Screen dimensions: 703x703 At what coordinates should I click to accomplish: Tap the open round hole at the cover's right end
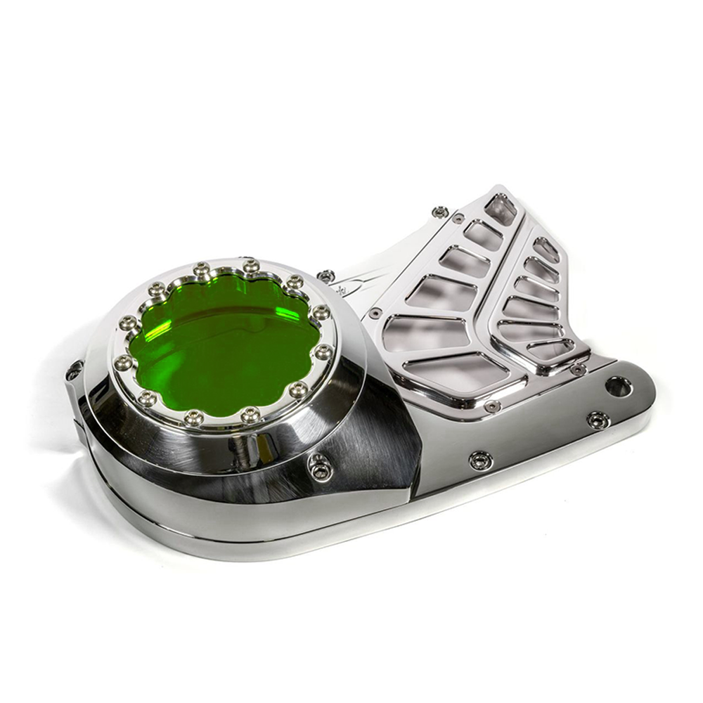pos(618,386)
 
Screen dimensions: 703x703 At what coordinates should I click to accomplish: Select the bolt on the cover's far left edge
pos(74,370)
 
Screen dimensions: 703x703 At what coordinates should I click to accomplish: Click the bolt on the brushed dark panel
pos(320,465)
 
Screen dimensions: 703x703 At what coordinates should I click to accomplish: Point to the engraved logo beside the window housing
pos(343,288)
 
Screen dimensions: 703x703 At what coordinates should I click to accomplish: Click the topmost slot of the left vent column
pos(501,209)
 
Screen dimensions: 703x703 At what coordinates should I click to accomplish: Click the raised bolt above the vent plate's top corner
pos(441,212)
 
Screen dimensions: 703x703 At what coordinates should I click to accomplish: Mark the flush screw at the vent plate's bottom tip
pos(493,406)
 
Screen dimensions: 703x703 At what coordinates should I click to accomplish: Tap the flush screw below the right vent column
pos(578,369)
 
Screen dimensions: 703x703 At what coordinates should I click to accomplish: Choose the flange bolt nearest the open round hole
pos(598,420)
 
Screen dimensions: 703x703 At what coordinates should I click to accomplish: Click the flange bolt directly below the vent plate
pos(481,460)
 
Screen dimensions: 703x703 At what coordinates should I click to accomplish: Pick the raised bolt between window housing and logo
pos(326,276)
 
